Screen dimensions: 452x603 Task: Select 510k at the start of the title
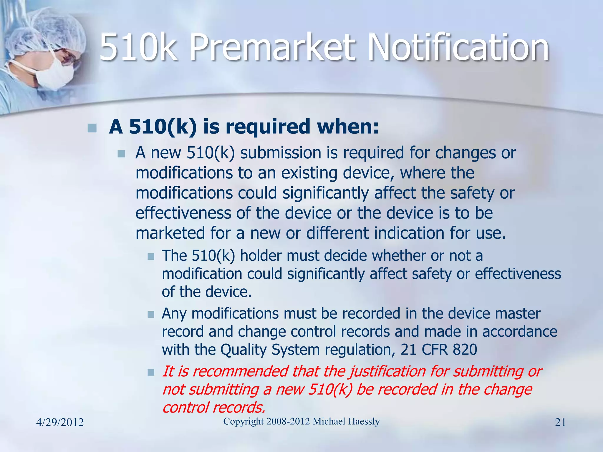[138, 47]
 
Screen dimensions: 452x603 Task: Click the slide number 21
[560, 423]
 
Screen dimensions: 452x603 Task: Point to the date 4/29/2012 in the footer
[60, 423]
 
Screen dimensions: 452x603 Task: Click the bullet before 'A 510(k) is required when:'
[92, 128]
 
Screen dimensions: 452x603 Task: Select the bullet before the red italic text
[151, 373]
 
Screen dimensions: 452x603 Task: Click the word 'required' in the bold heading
[268, 127]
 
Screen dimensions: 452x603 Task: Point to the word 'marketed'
[170, 233]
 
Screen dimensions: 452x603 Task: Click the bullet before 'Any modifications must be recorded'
[151, 315]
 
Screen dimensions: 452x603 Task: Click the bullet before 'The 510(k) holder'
[151, 257]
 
